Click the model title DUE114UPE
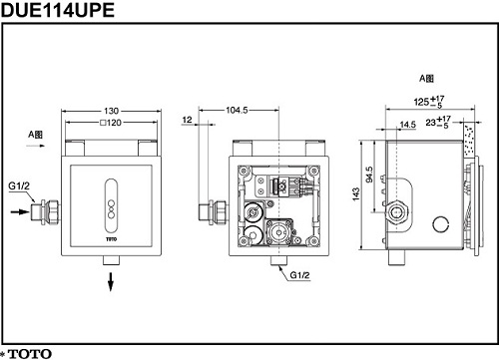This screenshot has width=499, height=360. click(x=58, y=10)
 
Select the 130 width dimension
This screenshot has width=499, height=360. click(x=111, y=111)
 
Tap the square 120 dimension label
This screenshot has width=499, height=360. click(x=111, y=123)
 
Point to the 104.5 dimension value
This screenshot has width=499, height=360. click(x=237, y=110)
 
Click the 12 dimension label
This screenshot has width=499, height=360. click(x=188, y=120)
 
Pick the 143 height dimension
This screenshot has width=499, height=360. click(x=356, y=194)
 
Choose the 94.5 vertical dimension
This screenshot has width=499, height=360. click(x=369, y=175)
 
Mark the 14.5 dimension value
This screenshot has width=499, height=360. click(x=408, y=125)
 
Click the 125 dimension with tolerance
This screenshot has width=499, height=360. click(x=429, y=102)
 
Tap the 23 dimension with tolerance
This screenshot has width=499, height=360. click(x=438, y=122)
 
